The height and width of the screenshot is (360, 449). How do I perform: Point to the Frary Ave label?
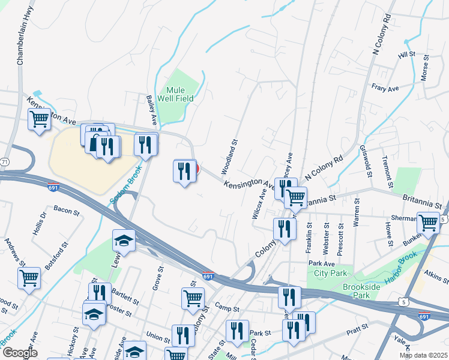(x=385, y=89)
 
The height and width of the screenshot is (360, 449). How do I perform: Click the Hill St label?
(x=406, y=55)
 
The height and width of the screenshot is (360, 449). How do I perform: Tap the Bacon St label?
(x=66, y=211)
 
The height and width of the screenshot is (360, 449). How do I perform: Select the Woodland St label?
(x=234, y=153)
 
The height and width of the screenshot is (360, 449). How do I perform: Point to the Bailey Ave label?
(x=152, y=110)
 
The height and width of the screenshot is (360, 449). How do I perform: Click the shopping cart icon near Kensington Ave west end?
(x=39, y=119)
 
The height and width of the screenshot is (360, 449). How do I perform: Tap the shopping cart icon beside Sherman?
(x=429, y=222)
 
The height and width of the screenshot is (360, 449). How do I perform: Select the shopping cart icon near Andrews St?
(x=29, y=278)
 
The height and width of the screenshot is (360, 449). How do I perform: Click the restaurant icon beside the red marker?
(x=184, y=171)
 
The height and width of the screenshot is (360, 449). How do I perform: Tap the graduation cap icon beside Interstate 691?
(x=124, y=240)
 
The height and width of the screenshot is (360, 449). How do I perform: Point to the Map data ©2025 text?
(x=423, y=355)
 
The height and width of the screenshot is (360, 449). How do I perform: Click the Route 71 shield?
(x=4, y=163)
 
